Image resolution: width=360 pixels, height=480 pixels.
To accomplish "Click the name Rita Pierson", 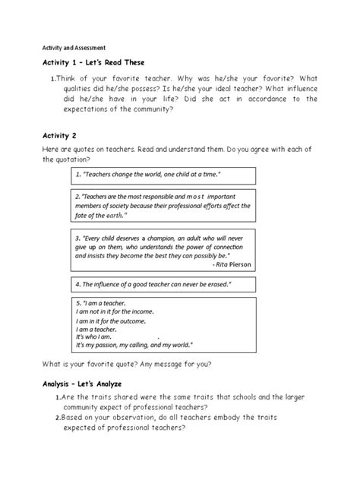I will point(232,264).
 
